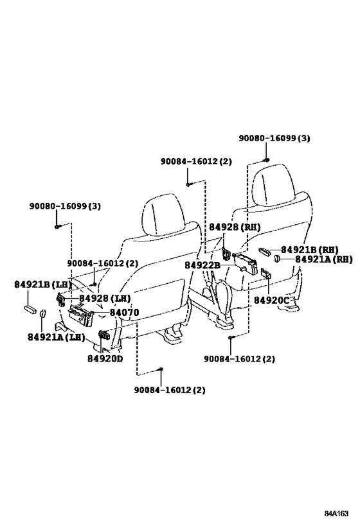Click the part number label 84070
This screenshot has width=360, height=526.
click(x=124, y=313)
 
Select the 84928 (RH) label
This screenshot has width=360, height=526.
click(x=235, y=227)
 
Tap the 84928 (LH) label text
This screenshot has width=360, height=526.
click(x=105, y=298)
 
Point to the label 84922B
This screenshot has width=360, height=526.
click(x=203, y=265)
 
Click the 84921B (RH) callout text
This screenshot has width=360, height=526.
click(x=310, y=250)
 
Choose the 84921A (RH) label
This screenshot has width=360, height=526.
click(x=324, y=259)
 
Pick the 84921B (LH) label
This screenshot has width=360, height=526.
click(x=43, y=285)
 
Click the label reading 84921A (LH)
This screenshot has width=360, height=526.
click(x=57, y=337)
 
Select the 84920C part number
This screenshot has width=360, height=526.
click(x=271, y=300)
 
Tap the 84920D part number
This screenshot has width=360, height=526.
click(x=105, y=358)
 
